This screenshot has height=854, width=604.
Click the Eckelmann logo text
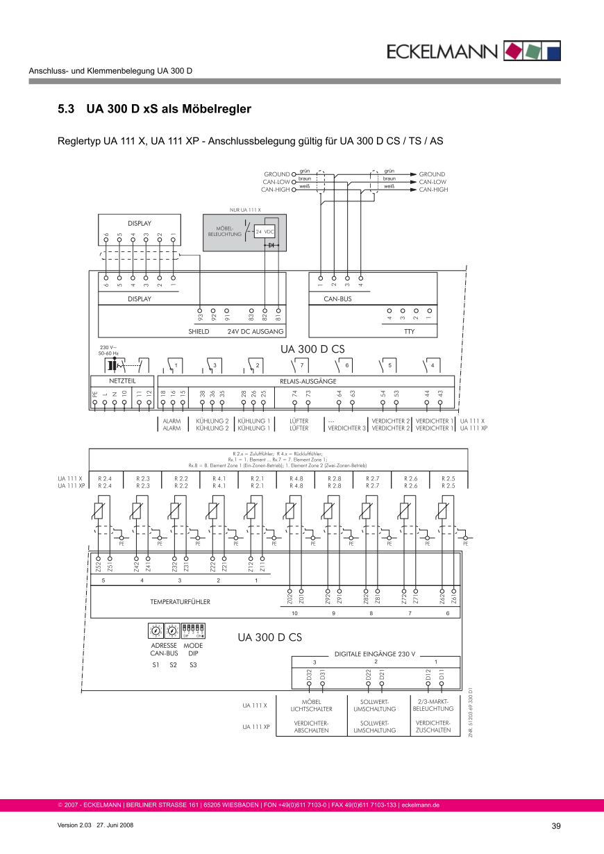click(442, 51)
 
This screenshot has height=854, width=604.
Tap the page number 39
click(555, 826)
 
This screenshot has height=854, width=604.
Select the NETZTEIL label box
click(122, 381)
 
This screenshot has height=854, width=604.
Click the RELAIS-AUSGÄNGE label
click(308, 381)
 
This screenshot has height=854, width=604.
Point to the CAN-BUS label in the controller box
click(338, 299)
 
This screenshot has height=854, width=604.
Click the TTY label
click(409, 332)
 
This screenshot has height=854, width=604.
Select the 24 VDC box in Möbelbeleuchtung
click(266, 231)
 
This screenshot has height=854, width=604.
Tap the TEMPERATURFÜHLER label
click(180, 601)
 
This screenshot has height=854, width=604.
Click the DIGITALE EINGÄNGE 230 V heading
click(375, 653)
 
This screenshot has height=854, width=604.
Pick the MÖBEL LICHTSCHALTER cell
click(312, 705)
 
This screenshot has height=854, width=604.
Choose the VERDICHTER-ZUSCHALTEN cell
click(433, 726)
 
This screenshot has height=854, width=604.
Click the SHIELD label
click(199, 332)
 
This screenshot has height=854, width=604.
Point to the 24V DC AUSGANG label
click(255, 332)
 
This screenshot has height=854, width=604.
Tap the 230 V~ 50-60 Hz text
click(109, 350)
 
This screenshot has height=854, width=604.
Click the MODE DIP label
click(193, 649)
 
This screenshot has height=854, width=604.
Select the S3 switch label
click(193, 665)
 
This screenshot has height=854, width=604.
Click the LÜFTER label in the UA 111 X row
click(299, 421)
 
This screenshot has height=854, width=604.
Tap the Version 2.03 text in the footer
click(75, 826)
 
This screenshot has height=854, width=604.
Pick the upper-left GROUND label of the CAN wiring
click(276, 174)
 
